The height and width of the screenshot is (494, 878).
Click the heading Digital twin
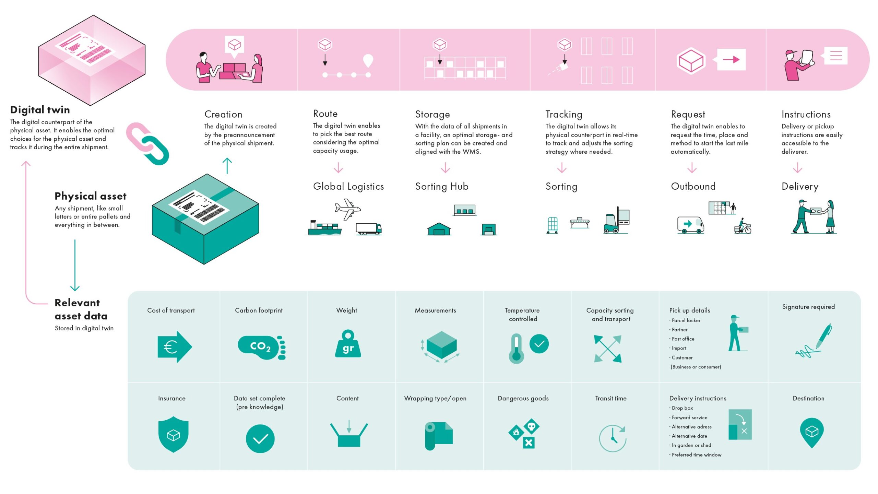[40, 110]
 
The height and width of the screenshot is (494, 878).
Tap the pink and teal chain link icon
[148, 144]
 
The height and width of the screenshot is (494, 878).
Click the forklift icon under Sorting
[616, 220]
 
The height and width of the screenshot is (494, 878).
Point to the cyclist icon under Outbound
[743, 226]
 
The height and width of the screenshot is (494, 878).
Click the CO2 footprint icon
[262, 348]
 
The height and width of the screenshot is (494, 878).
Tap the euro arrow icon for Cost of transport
[175, 347]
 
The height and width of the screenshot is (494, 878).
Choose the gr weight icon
[348, 343]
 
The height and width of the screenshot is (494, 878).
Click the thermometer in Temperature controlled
[516, 349]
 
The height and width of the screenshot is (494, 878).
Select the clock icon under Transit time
[613, 438]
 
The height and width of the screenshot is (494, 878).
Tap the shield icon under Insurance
[173, 434]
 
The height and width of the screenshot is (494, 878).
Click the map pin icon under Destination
[811, 433]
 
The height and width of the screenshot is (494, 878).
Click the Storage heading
[432, 114]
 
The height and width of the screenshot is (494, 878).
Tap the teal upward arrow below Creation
[227, 166]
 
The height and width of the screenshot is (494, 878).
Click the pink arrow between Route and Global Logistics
[338, 167]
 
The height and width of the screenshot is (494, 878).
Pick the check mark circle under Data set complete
[260, 439]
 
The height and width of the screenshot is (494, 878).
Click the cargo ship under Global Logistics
[324, 228]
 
